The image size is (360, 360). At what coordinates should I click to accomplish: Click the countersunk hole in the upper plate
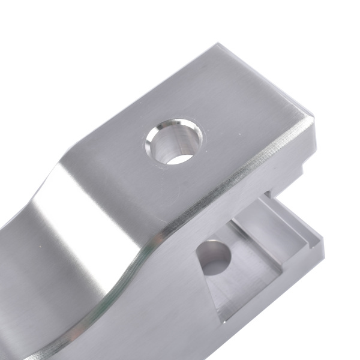pyautogui.click(x=173, y=142)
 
